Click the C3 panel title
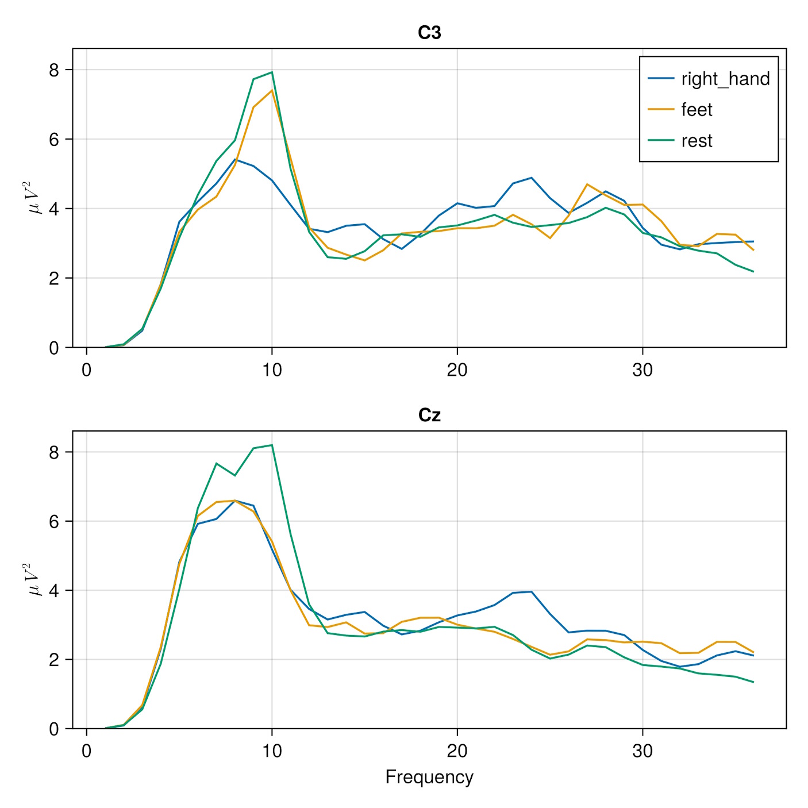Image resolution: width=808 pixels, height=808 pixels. tap(429, 33)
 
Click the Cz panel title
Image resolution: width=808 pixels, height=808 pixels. tap(429, 415)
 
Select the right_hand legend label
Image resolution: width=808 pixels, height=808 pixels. tap(725, 79)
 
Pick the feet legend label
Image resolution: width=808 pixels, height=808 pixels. tap(697, 110)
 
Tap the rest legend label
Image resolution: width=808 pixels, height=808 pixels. tap(697, 141)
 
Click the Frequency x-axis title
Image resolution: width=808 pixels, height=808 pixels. tap(429, 777)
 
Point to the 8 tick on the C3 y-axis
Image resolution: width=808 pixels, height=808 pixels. tap(54, 70)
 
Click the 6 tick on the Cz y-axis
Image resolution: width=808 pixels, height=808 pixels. tap(54, 522)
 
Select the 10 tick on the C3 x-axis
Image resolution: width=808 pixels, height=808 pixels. tap(272, 370)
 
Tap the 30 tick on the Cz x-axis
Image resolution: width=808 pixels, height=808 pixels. tap(642, 751)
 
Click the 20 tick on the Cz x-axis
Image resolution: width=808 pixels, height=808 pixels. tap(457, 751)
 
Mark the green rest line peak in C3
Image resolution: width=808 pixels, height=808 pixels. tap(272, 72)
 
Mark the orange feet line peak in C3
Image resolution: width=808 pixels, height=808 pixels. tap(272, 90)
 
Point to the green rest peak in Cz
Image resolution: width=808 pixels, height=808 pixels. tap(272, 445)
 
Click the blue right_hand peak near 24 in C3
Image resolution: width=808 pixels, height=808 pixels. tap(532, 178)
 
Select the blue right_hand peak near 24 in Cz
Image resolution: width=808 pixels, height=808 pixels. tap(532, 591)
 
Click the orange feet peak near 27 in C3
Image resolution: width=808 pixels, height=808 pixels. tap(587, 184)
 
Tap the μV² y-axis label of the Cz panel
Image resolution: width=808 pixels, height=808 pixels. tap(36, 579)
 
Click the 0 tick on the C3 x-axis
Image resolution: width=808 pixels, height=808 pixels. tap(87, 370)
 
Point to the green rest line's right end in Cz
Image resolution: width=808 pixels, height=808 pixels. tap(753, 682)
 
